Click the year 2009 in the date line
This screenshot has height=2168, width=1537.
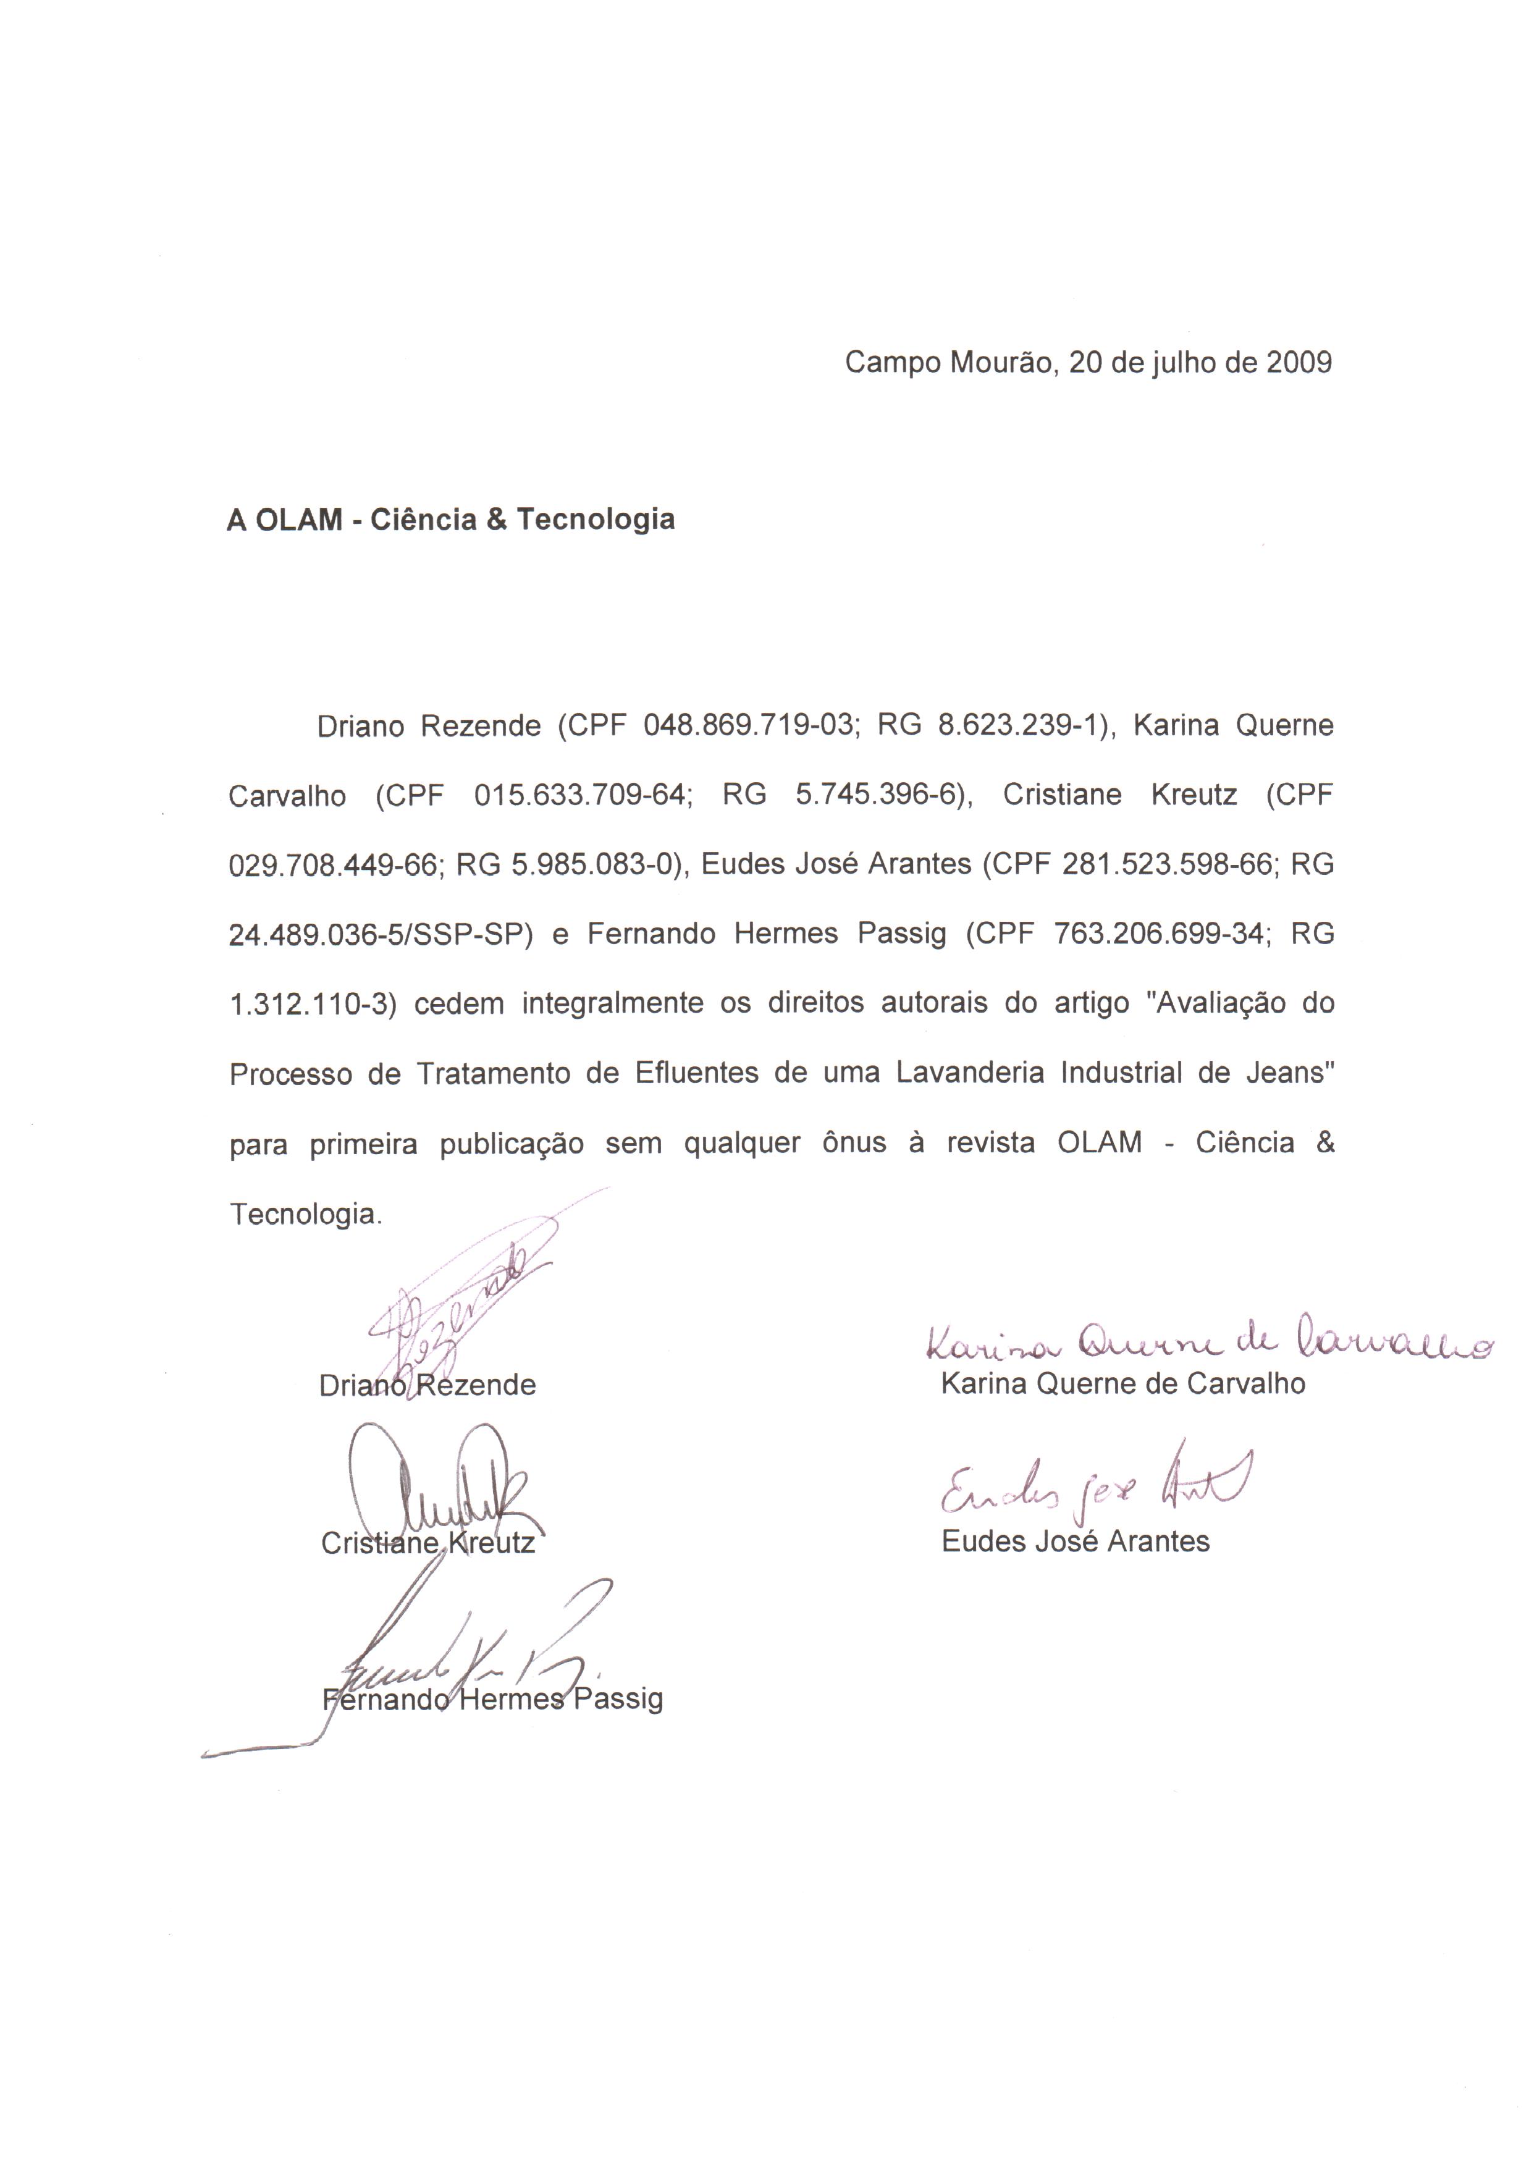coord(1299,363)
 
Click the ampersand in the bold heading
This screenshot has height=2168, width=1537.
coord(498,520)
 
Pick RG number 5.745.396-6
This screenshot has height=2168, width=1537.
coord(877,795)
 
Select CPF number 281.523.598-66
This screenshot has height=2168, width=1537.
coord(1168,865)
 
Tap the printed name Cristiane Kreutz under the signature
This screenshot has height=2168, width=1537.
coord(427,1543)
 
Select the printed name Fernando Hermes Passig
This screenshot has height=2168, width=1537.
coord(492,1698)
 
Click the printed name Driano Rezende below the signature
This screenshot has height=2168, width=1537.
coord(427,1385)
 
